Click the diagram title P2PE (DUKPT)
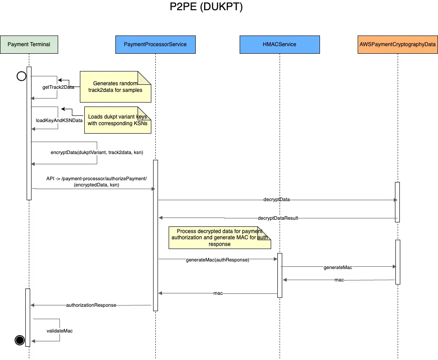pyautogui.click(x=206, y=8)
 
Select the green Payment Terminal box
pyautogui.click(x=29, y=44)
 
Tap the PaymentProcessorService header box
pyautogui.click(x=155, y=44)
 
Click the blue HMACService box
pyautogui.click(x=280, y=44)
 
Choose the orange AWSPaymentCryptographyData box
pyautogui.click(x=397, y=44)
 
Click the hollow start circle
pyautogui.click(x=21, y=76)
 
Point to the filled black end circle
pyautogui.click(x=20, y=340)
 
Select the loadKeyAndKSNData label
pyautogui.click(x=59, y=120)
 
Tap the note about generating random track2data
pyautogui.click(x=115, y=87)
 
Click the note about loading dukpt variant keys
pyautogui.click(x=118, y=120)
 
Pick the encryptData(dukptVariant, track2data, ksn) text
pyautogui.click(x=97, y=152)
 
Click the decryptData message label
pyautogui.click(x=276, y=200)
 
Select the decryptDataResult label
pyautogui.click(x=278, y=218)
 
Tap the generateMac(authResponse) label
pyautogui.click(x=217, y=260)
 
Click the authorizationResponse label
pyautogui.click(x=91, y=305)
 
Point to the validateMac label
pyautogui.click(x=59, y=331)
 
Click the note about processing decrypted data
pyautogui.click(x=220, y=238)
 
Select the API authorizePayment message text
pyautogui.click(x=96, y=182)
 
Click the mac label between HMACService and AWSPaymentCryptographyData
pyautogui.click(x=339, y=280)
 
